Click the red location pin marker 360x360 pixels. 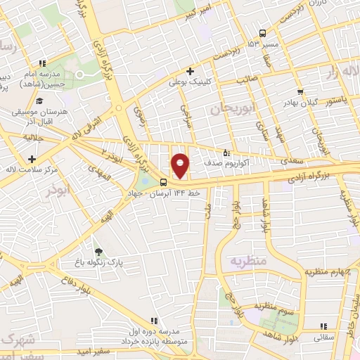point(181,165)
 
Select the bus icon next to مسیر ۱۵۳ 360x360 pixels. point(262,33)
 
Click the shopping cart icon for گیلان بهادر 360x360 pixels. point(300,91)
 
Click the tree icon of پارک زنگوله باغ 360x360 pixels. point(98,252)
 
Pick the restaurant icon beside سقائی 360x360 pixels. point(323,326)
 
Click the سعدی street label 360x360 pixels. point(294,161)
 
